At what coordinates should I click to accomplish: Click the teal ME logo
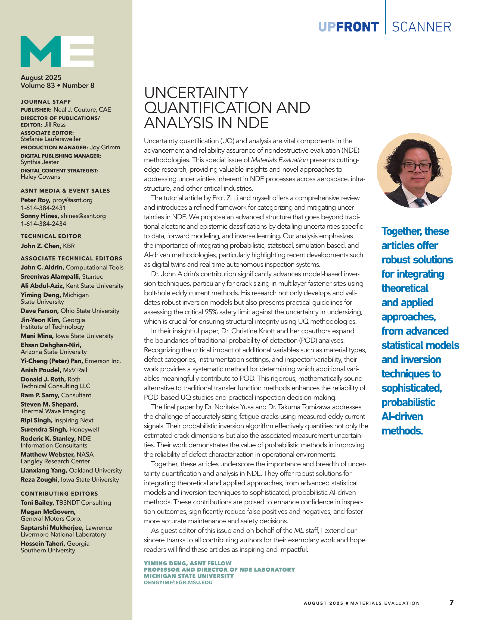57,52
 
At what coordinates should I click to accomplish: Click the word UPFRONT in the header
348,27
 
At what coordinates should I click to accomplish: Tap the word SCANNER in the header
421,27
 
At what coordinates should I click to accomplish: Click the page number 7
452,602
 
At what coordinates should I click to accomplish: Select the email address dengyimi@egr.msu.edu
178,582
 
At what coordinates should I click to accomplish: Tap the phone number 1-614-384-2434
43,224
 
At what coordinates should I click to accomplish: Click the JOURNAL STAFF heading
45,102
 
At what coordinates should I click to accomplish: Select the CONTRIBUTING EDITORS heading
59,493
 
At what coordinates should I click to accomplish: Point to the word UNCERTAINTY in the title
196,93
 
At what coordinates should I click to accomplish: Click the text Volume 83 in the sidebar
38,86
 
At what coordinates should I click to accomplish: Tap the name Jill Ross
55,125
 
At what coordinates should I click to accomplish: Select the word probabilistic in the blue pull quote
408,402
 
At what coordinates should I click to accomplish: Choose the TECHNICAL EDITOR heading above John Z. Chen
51,236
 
